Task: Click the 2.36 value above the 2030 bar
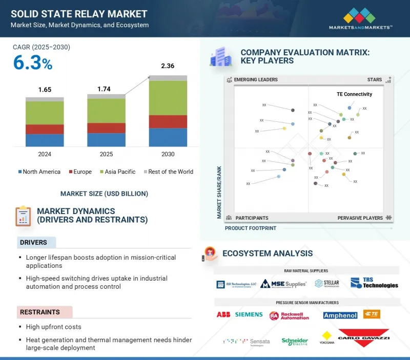coord(168,66)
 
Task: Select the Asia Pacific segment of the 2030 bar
coord(168,98)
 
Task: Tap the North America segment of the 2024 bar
coord(45,140)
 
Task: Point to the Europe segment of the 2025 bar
coord(106,128)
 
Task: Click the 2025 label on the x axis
coord(106,154)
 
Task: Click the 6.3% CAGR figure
coord(33,63)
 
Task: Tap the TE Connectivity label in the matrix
coord(354,94)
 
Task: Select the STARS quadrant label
coord(375,80)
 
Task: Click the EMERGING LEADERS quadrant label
coord(256,80)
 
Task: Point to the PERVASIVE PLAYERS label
coord(360,218)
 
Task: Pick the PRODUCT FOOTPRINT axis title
coord(251,228)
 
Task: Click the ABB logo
coord(223,314)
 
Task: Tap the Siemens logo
coord(249,314)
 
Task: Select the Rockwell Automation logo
coord(290,315)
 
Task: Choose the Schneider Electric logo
coord(295,342)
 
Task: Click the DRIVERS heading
coord(33,242)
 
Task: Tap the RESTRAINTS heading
coord(40,312)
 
